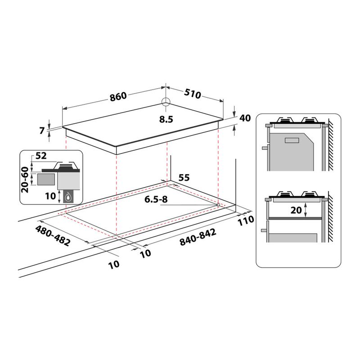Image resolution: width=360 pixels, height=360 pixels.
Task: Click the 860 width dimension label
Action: point(117,96)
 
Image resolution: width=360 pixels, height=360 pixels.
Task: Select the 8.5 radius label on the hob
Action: point(166,119)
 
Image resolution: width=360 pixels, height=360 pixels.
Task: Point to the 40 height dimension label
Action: point(244,118)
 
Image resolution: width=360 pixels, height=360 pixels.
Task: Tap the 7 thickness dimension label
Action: point(42,131)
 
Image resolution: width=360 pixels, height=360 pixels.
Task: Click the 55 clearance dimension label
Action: point(184,177)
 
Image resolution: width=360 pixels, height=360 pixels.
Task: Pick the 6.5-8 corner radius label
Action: point(155,200)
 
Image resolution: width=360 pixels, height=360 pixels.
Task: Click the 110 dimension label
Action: point(247,220)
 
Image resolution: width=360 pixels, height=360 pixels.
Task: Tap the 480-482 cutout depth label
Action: point(53,235)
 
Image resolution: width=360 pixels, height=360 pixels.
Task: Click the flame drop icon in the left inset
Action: point(67,196)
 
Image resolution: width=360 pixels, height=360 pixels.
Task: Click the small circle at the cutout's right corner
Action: point(218,205)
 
